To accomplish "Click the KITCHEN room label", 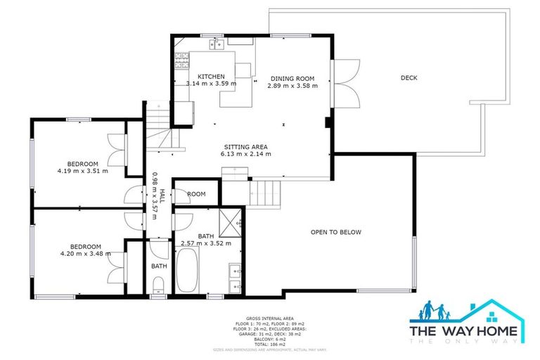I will (x=211, y=77).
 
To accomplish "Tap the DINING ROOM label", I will (x=292, y=79).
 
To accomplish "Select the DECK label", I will (x=409, y=78).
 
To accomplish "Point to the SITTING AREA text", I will (x=245, y=146).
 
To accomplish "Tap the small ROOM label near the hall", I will (x=196, y=194).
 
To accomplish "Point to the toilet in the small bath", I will (x=159, y=285).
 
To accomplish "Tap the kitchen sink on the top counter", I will (x=216, y=45).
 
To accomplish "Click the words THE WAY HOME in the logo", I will (x=464, y=331).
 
